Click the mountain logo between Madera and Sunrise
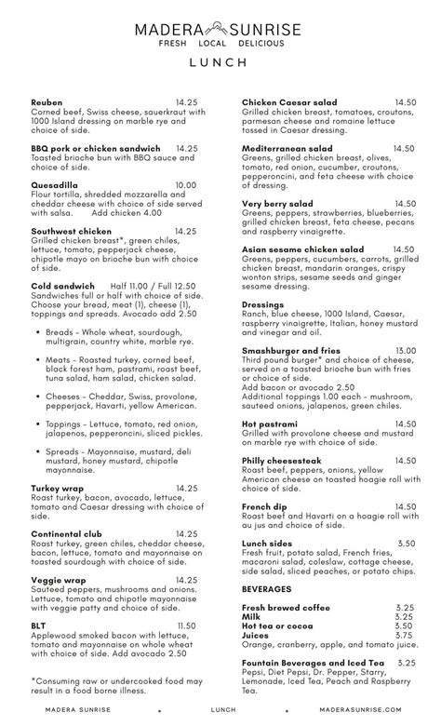pos(220,29)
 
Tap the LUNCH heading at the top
pos(220,62)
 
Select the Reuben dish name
pos(47,101)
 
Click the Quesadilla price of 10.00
pos(186,185)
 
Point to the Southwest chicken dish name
pos(71,231)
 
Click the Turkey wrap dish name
pos(59,488)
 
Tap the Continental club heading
pos(67,533)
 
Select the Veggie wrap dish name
pos(58,579)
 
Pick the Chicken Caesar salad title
pos(289,101)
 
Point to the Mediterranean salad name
pos(287,148)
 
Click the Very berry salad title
pos(277,203)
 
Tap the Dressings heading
pos(264,304)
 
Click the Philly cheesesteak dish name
pos(283,460)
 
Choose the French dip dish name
pos(264,506)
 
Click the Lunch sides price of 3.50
pos(406,543)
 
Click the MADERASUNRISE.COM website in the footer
pos(361,709)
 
